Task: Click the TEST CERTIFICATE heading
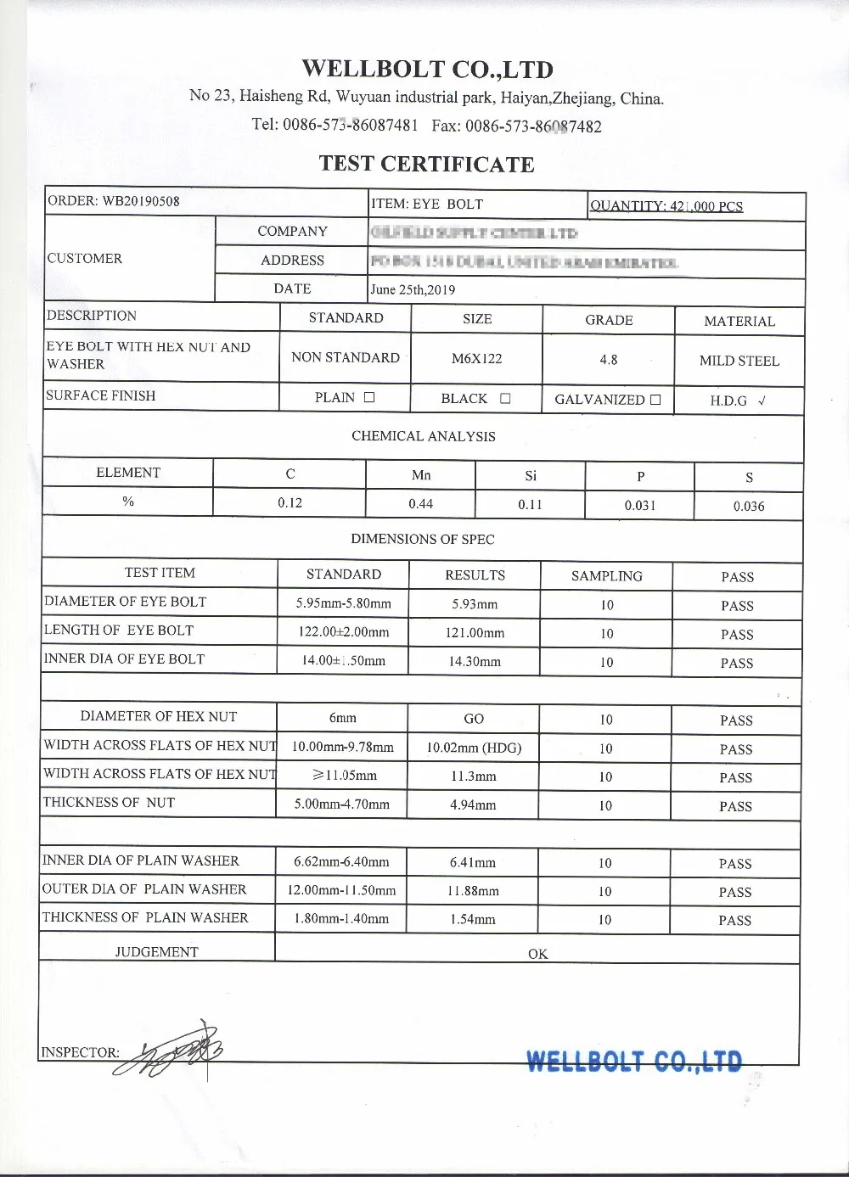point(426,164)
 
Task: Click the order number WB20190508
point(141,201)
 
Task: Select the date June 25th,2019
point(413,289)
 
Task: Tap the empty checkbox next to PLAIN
point(369,397)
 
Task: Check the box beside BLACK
point(505,398)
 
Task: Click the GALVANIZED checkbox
point(655,400)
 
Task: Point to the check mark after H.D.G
point(762,401)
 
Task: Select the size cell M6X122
point(476,358)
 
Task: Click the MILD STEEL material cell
point(739,361)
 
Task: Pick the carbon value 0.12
point(290,502)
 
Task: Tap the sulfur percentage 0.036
point(749,506)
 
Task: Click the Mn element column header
point(421,475)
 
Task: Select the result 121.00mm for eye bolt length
point(475,633)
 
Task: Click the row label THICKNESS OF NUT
point(109,802)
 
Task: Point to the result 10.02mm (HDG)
point(474,748)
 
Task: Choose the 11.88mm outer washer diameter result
point(473,891)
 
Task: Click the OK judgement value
point(537,953)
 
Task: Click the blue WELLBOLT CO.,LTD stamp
point(634,1061)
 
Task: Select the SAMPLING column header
point(606,576)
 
